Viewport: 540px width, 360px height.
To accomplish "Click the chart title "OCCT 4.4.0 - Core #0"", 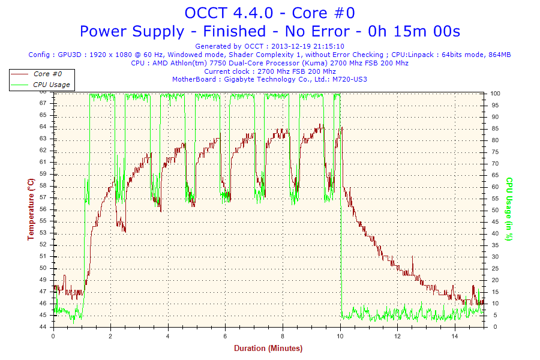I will [x=269, y=13].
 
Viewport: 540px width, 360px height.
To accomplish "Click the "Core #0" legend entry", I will [x=47, y=74].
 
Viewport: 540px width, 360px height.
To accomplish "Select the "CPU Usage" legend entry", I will [x=51, y=85].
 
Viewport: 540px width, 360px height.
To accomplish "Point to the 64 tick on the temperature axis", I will [x=43, y=127].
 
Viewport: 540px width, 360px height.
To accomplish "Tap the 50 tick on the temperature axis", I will [x=43, y=256].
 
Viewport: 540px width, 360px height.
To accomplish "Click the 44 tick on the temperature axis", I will [x=43, y=327].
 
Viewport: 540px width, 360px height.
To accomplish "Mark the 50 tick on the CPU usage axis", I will [x=494, y=210].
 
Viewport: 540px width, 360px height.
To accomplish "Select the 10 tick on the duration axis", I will [x=340, y=336].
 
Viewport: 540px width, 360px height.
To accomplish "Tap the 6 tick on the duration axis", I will [x=226, y=336].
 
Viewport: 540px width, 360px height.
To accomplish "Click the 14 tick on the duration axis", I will [x=455, y=336].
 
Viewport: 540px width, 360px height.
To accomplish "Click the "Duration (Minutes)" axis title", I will [x=268, y=348].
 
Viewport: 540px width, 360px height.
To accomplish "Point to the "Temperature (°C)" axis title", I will [x=31, y=209].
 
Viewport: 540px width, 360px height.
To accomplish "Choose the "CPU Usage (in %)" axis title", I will [x=509, y=209].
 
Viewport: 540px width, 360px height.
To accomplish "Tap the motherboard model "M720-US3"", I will [x=350, y=79].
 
